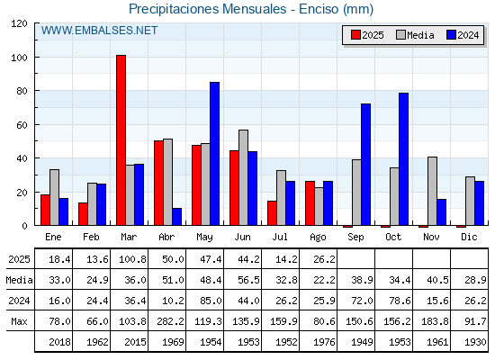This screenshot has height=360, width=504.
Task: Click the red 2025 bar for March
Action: click(x=121, y=140)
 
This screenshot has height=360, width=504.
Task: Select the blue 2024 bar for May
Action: click(x=215, y=154)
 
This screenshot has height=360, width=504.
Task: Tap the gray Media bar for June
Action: click(x=243, y=177)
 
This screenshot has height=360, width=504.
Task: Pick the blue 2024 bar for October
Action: click(x=404, y=159)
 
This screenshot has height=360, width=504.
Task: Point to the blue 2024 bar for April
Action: click(x=176, y=217)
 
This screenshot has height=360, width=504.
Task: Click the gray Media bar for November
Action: click(x=432, y=191)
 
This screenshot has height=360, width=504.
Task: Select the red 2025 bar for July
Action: click(x=272, y=213)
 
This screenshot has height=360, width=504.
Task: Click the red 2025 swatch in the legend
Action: click(x=355, y=35)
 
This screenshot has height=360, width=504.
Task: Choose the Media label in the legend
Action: click(x=420, y=35)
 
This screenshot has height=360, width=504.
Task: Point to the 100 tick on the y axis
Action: click(x=36, y=58)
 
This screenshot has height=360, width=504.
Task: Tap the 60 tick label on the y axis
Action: click(x=22, y=125)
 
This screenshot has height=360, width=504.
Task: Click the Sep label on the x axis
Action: click(x=355, y=238)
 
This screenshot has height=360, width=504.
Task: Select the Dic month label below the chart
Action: click(x=469, y=237)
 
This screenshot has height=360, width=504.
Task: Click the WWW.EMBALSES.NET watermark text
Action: click(x=99, y=31)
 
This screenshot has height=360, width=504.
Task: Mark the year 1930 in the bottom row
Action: click(x=475, y=342)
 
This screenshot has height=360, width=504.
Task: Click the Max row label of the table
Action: click(x=19, y=321)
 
